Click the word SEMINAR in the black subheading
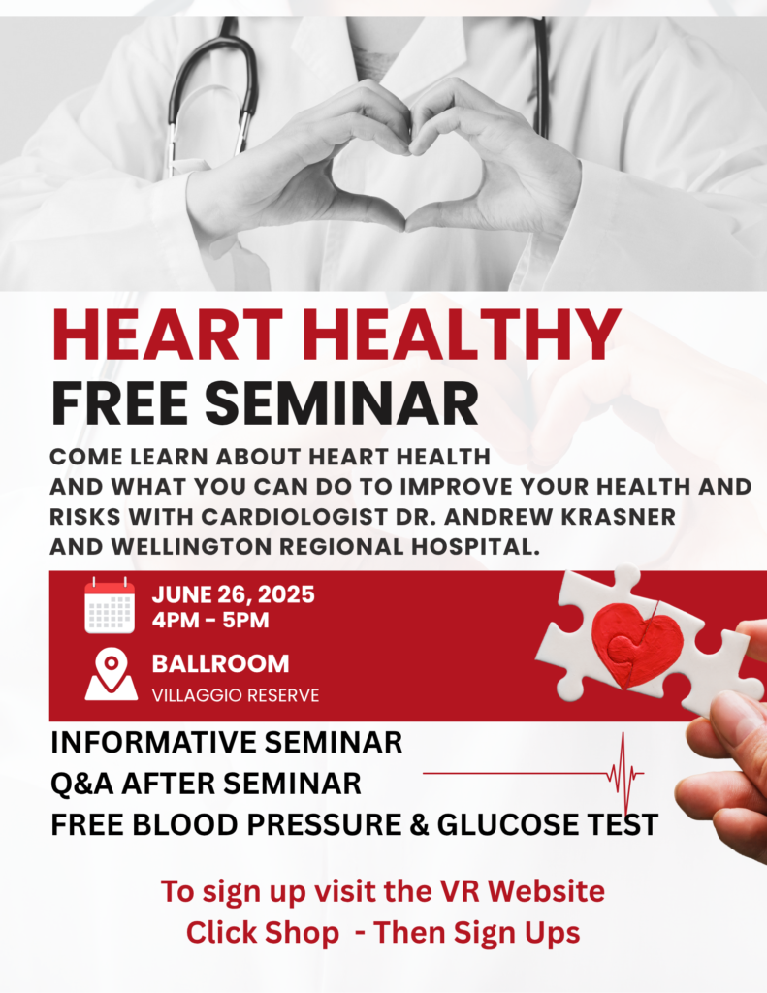coord(341,403)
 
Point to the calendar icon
coord(110,605)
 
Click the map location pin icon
coord(111,674)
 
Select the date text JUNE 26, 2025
coord(233,594)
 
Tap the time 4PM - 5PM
coord(210,620)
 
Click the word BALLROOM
coord(220,663)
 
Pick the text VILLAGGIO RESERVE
coord(236,695)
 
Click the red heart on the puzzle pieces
coord(636,645)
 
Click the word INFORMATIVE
coord(152,742)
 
